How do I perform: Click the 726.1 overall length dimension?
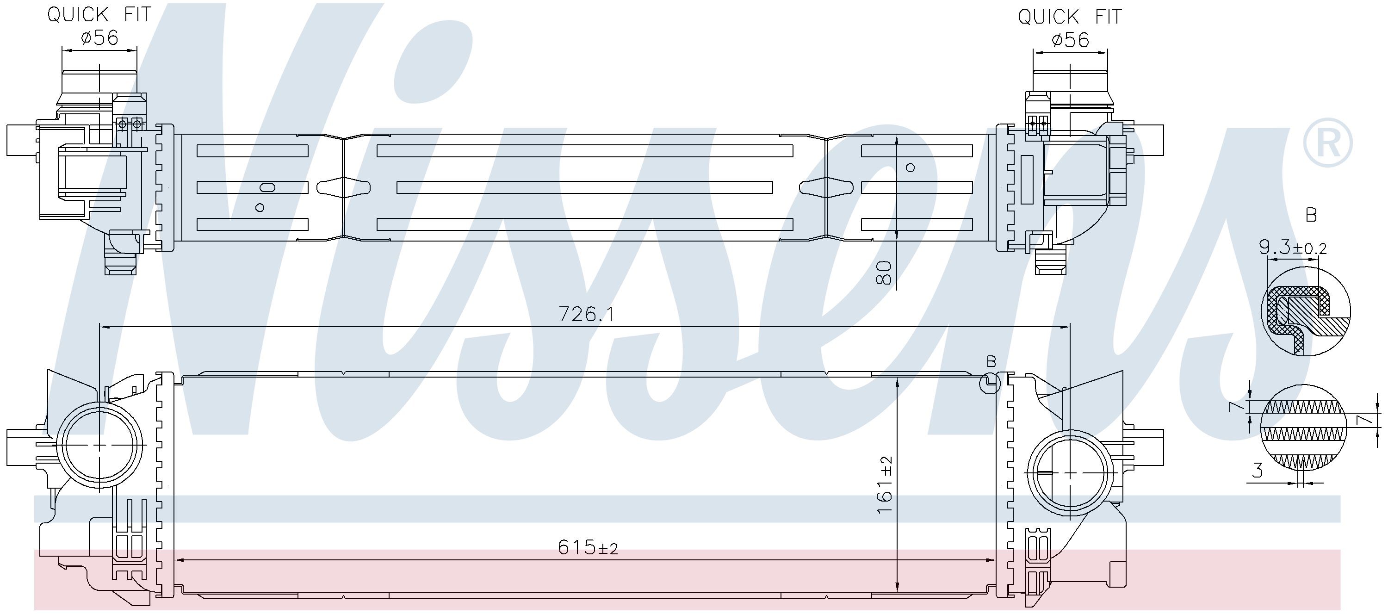click(586, 314)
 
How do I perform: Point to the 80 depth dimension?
click(884, 273)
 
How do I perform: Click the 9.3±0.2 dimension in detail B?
click(1292, 248)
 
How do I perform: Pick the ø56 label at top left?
click(99, 38)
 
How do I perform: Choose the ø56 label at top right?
click(1070, 40)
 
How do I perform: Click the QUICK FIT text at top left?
click(99, 14)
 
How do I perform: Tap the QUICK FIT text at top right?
click(1070, 17)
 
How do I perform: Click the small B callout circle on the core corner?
click(990, 383)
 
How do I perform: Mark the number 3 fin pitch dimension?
click(1258, 471)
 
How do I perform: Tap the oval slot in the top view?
click(267, 187)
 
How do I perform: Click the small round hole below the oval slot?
click(260, 208)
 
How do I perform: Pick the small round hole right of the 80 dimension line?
click(911, 167)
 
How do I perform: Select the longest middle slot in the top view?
click(585, 187)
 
